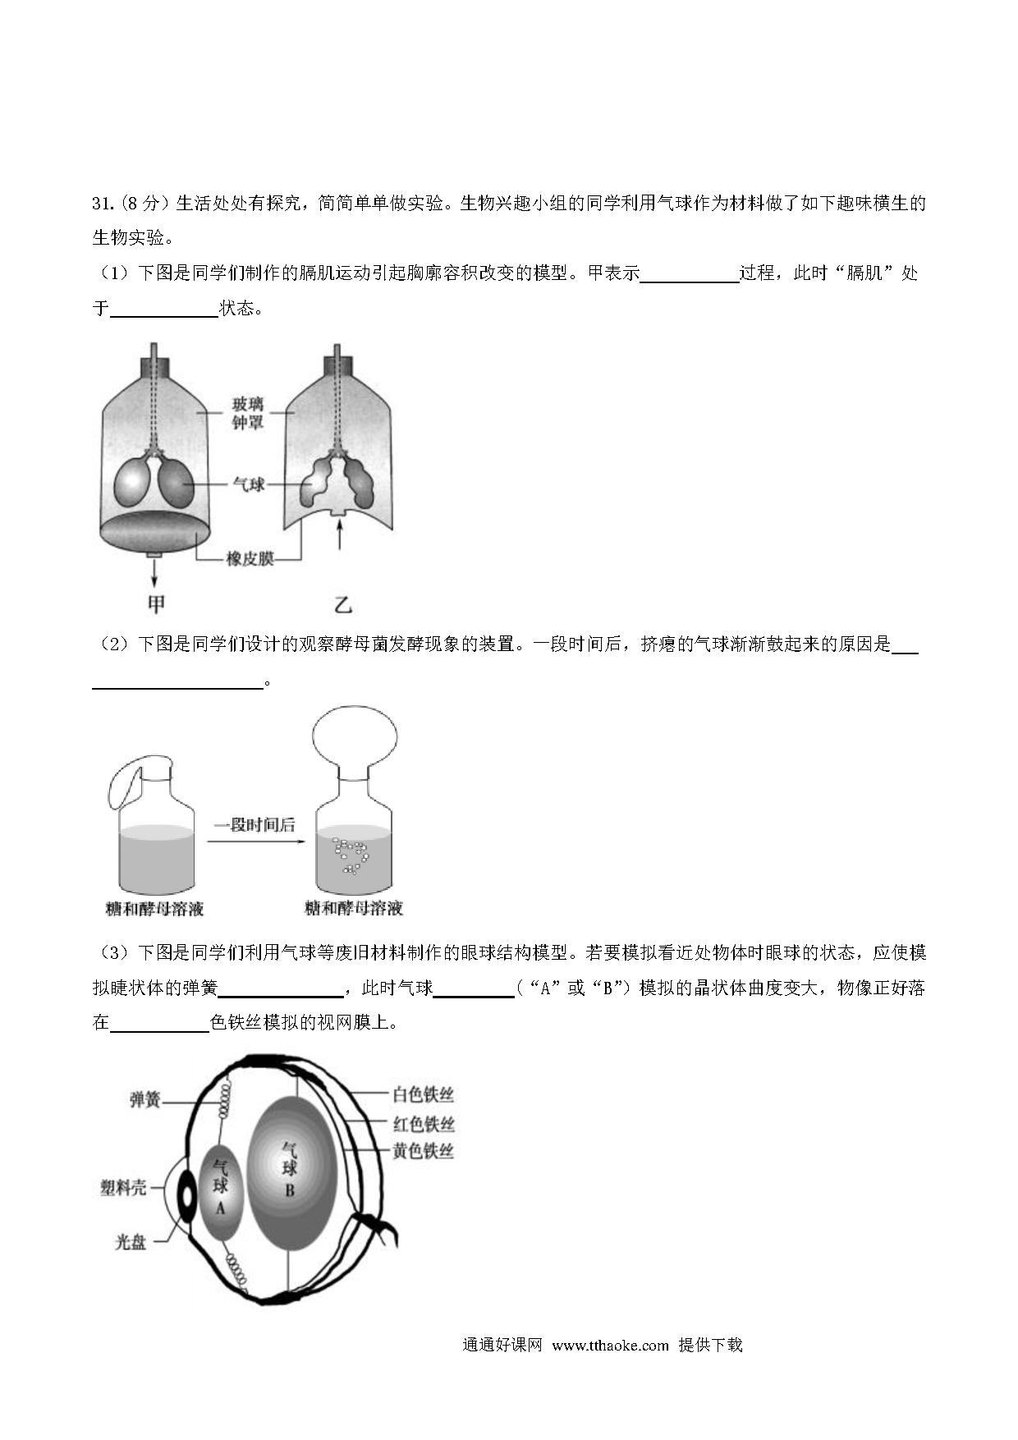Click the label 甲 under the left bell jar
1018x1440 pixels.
click(156, 605)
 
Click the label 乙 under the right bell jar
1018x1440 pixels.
click(342, 605)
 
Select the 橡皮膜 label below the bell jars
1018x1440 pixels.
click(250, 560)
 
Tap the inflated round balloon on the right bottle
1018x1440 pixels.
click(354, 737)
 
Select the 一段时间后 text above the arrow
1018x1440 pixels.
click(254, 824)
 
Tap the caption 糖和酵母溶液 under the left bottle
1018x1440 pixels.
click(154, 909)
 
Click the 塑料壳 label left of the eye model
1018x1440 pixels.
click(123, 1187)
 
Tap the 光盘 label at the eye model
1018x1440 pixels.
click(131, 1243)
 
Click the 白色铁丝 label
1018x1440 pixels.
click(423, 1094)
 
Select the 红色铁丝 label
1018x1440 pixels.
click(423, 1124)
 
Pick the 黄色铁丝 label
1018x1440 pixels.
click(423, 1151)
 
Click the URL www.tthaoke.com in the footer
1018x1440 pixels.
click(611, 1345)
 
